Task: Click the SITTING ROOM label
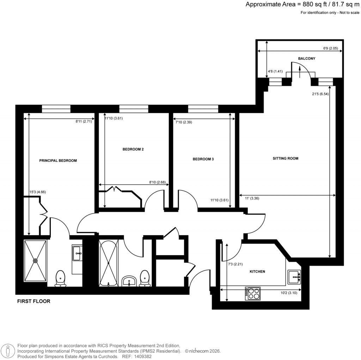286,158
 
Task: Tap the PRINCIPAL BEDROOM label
58,161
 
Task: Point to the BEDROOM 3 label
203,159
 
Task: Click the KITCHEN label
257,271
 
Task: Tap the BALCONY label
306,59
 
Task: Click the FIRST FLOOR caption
34,301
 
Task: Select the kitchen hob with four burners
252,294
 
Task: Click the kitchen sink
294,277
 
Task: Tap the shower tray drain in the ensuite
35,261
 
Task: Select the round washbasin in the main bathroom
129,282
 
